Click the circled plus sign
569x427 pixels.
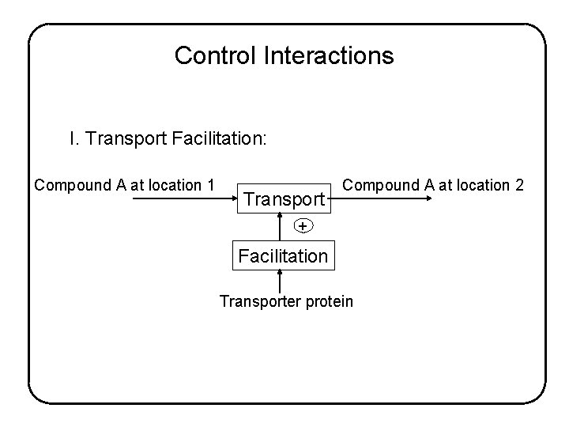pyautogui.click(x=302, y=226)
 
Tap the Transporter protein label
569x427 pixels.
pyautogui.click(x=286, y=301)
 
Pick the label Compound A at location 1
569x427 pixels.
pyautogui.click(x=124, y=185)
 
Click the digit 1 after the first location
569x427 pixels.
pyautogui.click(x=211, y=185)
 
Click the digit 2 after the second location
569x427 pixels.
pyautogui.click(x=519, y=185)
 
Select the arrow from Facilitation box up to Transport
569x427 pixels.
pyautogui.click(x=280, y=226)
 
